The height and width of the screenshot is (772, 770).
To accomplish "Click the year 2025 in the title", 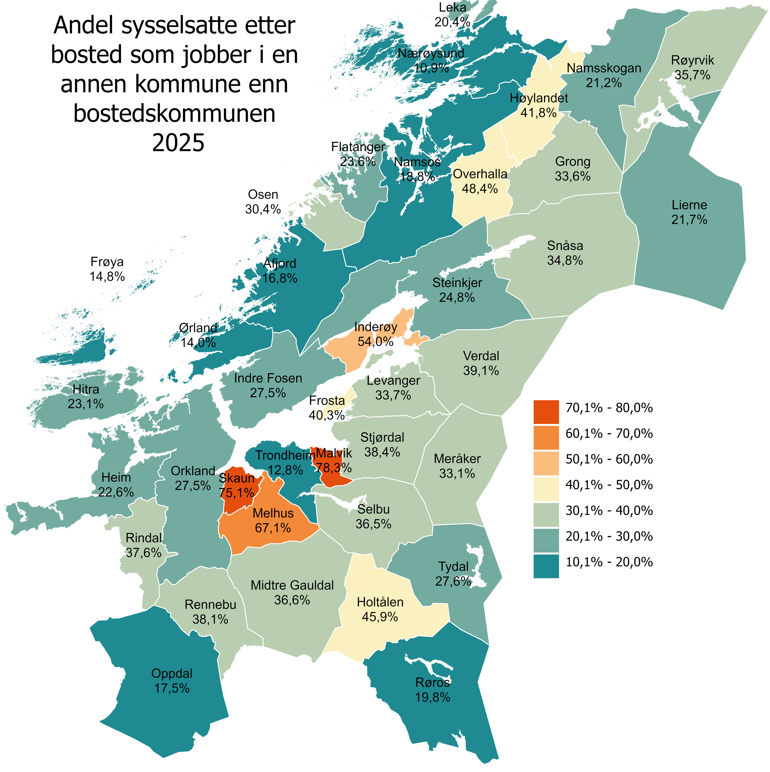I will [178, 143].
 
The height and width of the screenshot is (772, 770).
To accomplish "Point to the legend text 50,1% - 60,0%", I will [609, 459].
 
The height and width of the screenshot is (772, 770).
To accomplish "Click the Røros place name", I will [433, 682].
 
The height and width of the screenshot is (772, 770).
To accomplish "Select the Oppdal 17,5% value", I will [172, 688].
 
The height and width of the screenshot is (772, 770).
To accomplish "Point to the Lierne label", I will [689, 205].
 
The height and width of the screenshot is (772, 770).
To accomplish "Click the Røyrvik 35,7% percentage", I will [692, 75].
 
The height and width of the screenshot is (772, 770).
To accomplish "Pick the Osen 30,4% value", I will [263, 209].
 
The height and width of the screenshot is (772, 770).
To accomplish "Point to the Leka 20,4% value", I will [453, 22].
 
